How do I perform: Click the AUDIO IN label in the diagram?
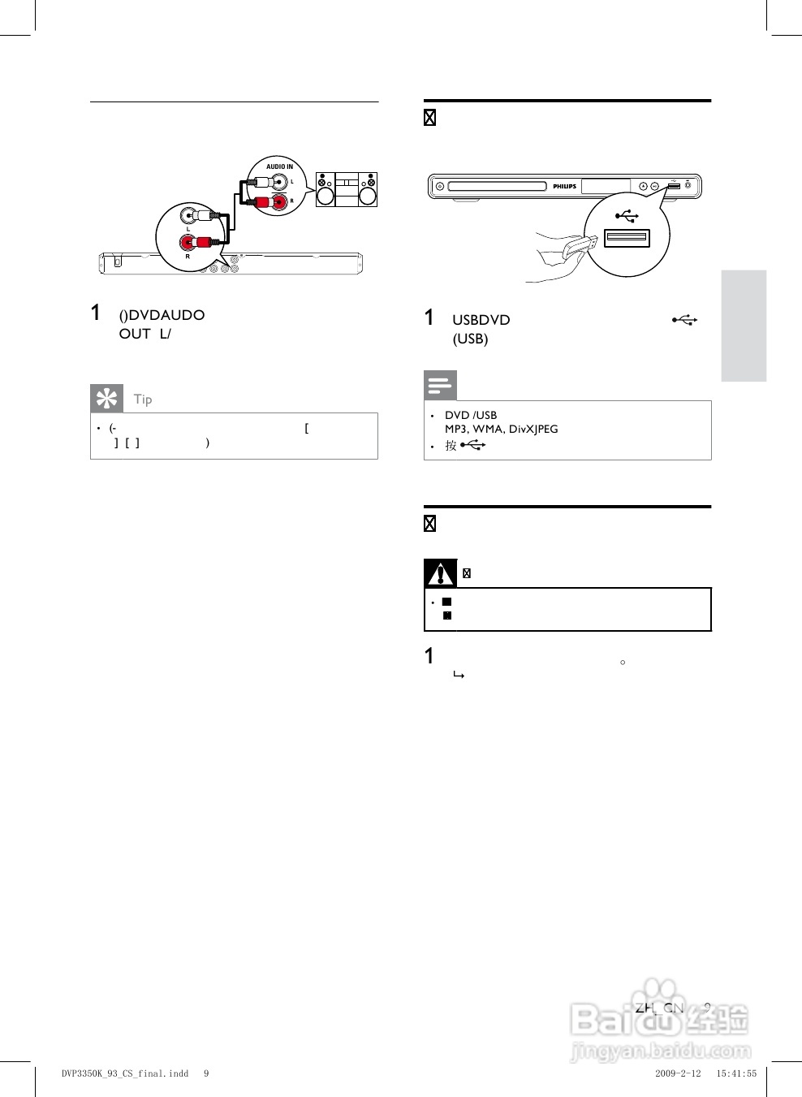point(280,166)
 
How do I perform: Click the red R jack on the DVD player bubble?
point(188,242)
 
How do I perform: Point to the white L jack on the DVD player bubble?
point(188,217)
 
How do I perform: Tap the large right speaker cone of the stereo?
point(368,196)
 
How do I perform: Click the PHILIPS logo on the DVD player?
point(564,187)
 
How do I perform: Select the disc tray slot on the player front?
point(497,187)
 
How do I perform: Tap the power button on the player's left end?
point(439,187)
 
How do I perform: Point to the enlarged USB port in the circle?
point(627,237)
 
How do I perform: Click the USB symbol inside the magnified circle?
point(627,215)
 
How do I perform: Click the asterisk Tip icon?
point(106,399)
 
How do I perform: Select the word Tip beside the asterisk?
point(143,399)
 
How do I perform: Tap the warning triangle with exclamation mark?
point(440,574)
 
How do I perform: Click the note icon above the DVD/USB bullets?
point(440,385)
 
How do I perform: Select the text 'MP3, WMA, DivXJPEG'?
point(501,429)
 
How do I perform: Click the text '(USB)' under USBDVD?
point(470,339)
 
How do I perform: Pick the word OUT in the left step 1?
point(135,334)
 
